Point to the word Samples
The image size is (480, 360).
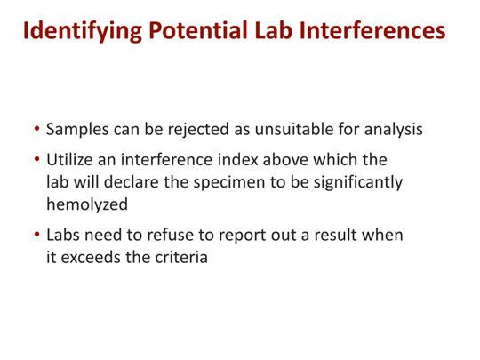[x=78, y=129]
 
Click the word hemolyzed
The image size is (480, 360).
[x=86, y=204]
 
